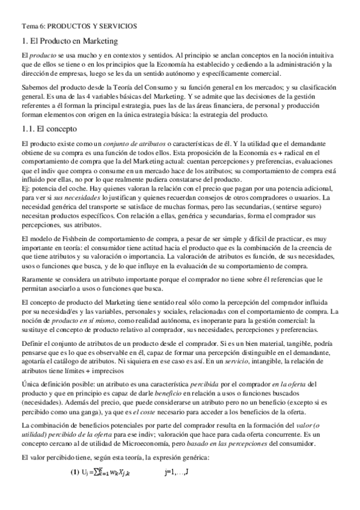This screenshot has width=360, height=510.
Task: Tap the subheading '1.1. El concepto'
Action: [48, 129]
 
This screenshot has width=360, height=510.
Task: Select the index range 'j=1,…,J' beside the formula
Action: [176, 471]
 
